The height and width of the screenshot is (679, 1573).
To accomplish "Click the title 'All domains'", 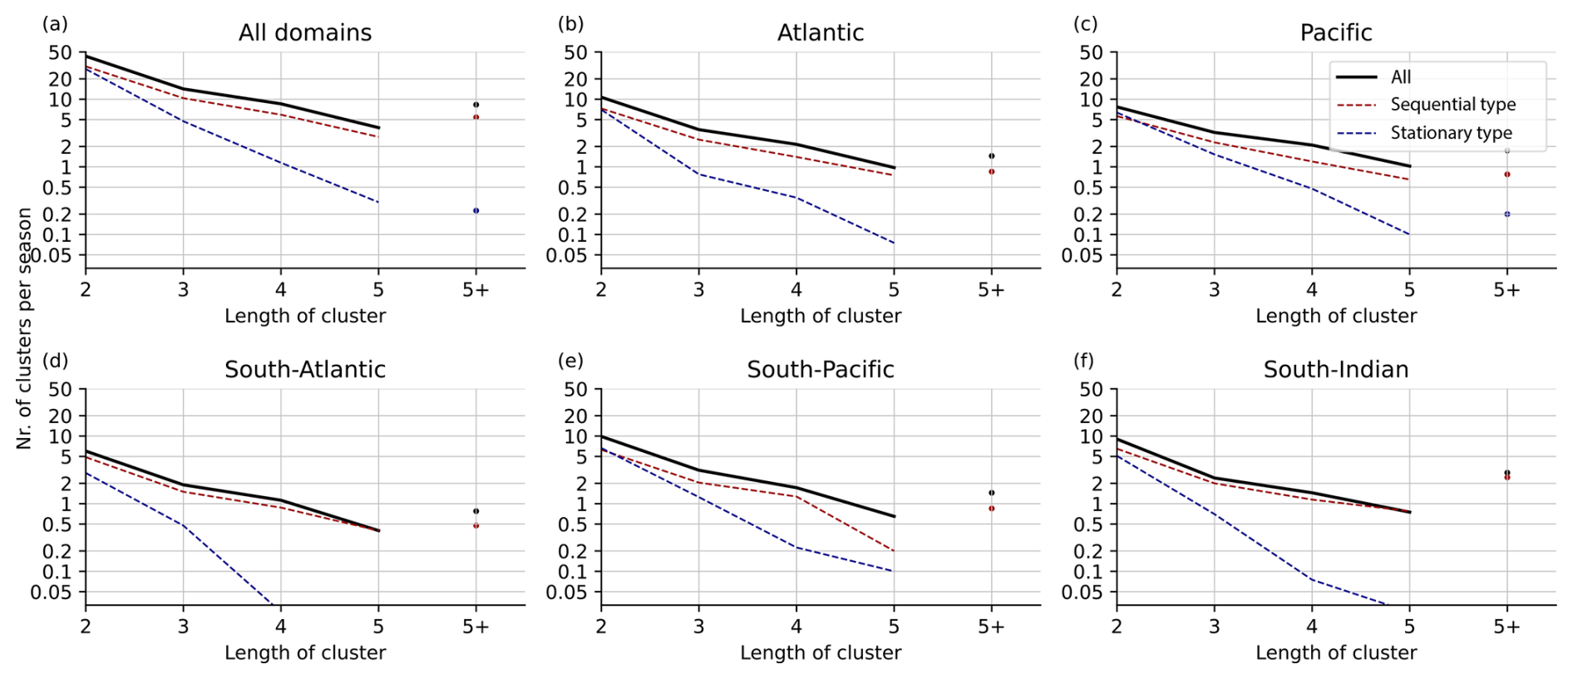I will pyautogui.click(x=305, y=32).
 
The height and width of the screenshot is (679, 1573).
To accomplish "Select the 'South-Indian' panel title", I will pyautogui.click(x=1335, y=370).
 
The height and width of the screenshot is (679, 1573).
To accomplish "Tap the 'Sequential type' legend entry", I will pyautogui.click(x=1452, y=105).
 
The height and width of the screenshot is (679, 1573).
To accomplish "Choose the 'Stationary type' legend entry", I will pyautogui.click(x=1451, y=133).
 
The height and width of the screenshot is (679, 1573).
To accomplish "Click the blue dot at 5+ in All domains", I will pyautogui.click(x=476, y=211).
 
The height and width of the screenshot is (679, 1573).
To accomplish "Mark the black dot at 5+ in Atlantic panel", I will pyautogui.click(x=991, y=156).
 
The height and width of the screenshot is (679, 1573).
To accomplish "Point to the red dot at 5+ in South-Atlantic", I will pyautogui.click(x=476, y=526).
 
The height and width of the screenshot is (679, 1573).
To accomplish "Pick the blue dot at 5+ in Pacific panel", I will pyautogui.click(x=1506, y=214).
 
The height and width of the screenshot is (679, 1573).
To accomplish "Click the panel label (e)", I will pyautogui.click(x=570, y=361).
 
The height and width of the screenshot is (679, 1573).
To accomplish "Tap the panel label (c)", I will pyautogui.click(x=1085, y=24).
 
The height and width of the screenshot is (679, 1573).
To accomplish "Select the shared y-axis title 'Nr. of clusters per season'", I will pyautogui.click(x=24, y=328).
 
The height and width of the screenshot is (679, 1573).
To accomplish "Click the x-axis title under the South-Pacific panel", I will pyautogui.click(x=820, y=653).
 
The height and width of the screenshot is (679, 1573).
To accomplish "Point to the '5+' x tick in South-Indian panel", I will pyautogui.click(x=1506, y=627).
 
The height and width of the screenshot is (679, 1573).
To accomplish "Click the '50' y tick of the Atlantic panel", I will pyautogui.click(x=575, y=52).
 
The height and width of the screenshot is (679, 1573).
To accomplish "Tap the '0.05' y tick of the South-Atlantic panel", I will pyautogui.click(x=50, y=593).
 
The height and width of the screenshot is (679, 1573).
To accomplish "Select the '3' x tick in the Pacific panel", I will pyautogui.click(x=1214, y=290).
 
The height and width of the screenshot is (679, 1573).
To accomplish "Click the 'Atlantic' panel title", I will pyautogui.click(x=820, y=32).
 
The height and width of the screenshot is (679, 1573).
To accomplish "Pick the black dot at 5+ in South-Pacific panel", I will pyautogui.click(x=991, y=493).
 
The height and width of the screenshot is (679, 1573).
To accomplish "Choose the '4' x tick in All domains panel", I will pyautogui.click(x=281, y=290).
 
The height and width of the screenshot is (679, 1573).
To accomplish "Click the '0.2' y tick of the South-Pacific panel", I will pyautogui.click(x=575, y=551).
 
